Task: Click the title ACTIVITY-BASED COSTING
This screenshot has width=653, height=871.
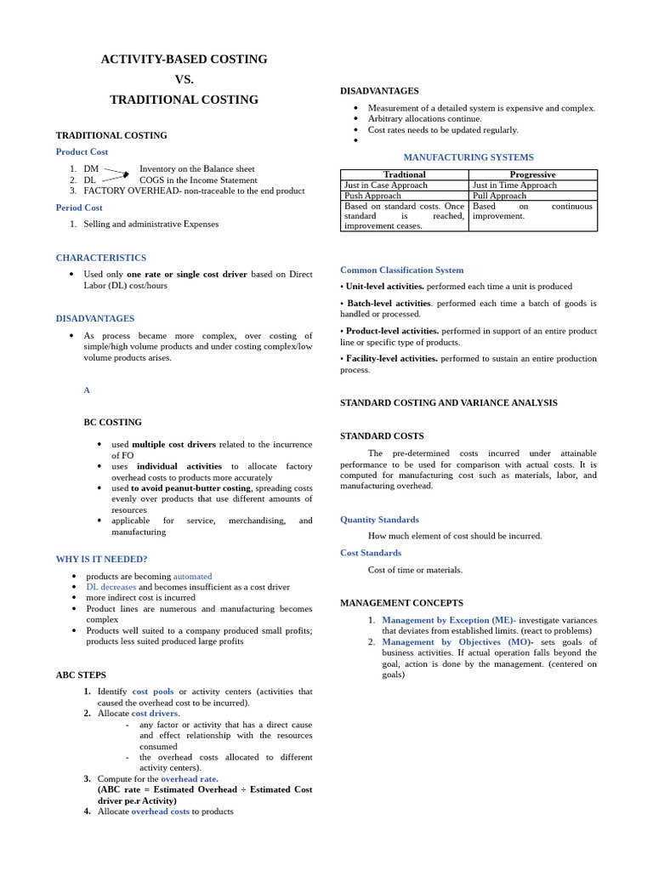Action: (184, 60)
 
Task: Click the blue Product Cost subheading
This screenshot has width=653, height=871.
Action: (82, 151)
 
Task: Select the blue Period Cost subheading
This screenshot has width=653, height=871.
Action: (79, 208)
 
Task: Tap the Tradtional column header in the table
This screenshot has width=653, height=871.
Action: (404, 174)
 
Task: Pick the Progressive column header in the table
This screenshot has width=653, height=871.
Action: (532, 174)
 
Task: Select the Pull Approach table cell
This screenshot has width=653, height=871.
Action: (499, 196)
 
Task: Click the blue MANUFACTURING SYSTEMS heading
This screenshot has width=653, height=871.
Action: (468, 157)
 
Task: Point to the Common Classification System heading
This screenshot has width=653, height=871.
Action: (402, 270)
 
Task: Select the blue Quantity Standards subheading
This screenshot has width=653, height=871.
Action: (379, 519)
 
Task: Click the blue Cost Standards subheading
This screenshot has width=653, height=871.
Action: (371, 553)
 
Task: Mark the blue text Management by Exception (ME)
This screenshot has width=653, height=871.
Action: (447, 620)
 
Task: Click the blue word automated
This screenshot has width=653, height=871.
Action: (192, 576)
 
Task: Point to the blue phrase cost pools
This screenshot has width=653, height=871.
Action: (153, 692)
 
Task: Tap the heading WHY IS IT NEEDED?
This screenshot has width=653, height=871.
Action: (101, 559)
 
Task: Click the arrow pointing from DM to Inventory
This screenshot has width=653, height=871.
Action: (116, 172)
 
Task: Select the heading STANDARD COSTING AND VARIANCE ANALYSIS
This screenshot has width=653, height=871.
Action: (449, 402)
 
